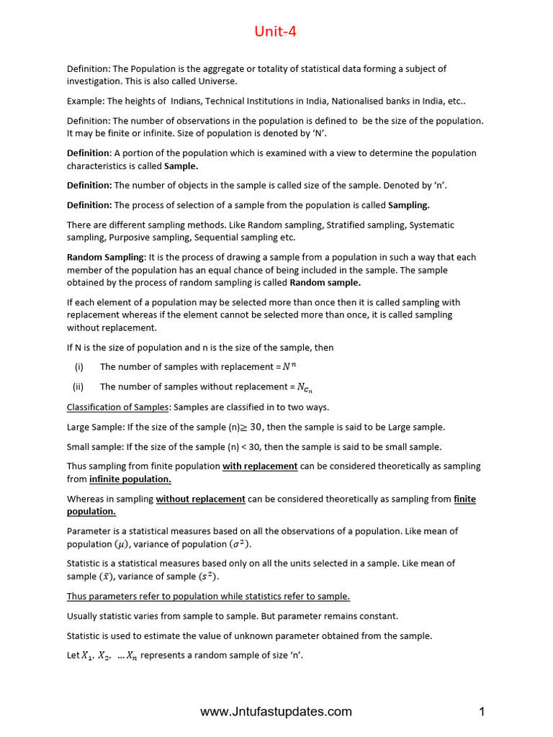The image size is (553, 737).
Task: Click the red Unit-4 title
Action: click(x=275, y=32)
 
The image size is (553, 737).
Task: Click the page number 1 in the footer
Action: click(x=482, y=712)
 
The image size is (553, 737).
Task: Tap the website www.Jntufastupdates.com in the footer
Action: click(x=276, y=712)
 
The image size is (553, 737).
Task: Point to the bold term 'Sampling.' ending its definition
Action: click(x=409, y=205)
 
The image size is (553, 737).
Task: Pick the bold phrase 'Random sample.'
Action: click(x=325, y=283)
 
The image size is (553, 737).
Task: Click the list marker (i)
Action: click(x=79, y=367)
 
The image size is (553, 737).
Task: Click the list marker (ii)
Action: click(x=79, y=386)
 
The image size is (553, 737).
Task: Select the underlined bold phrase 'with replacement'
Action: click(x=260, y=466)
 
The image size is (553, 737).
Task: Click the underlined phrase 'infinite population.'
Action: click(x=130, y=479)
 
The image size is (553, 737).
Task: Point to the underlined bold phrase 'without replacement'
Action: click(x=201, y=499)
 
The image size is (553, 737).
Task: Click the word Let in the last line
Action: click(x=73, y=656)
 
